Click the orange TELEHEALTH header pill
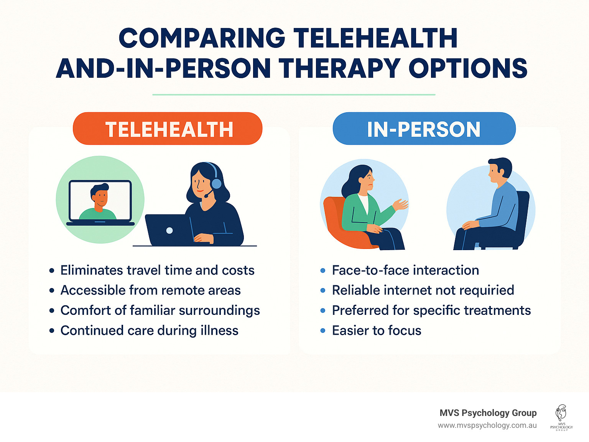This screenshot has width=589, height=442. tap(168, 129)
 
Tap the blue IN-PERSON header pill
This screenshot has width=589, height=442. tap(424, 129)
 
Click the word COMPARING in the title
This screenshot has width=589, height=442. tap(202, 38)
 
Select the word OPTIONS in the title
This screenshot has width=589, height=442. tap(468, 69)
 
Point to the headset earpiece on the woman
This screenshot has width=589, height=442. tap(216, 183)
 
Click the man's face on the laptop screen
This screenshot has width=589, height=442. tap(100, 196)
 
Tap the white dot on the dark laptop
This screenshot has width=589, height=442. tap(169, 231)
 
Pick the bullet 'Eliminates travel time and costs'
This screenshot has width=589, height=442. tap(157, 270)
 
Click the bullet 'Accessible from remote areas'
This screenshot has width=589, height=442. tap(150, 290)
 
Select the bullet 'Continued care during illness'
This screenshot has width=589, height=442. tap(149, 331)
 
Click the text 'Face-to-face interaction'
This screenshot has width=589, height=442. tap(405, 270)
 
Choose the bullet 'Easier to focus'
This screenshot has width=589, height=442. tap(376, 331)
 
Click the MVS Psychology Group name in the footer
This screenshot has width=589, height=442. tap(488, 413)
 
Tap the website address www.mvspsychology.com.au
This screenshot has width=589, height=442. tap(487, 426)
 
